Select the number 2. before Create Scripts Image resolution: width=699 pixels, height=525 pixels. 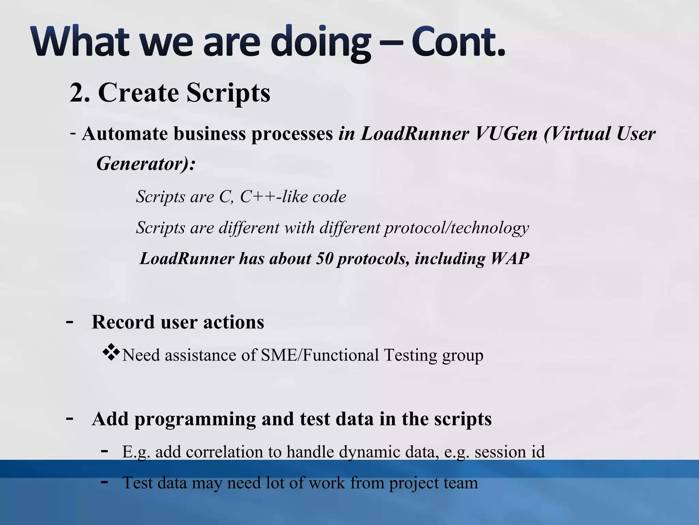(80, 93)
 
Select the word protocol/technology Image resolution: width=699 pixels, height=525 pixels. (456, 228)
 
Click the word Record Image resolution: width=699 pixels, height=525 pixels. (123, 322)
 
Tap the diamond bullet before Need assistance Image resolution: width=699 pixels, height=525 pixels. (111, 353)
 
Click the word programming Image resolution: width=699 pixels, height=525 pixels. (195, 419)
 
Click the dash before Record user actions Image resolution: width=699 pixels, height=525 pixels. (69, 322)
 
